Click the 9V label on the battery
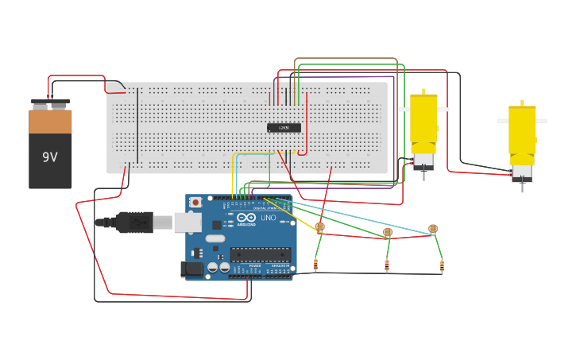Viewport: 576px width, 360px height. coord(50,157)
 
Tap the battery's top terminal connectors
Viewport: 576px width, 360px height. coord(50,103)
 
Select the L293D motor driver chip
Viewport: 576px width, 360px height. coord(284,127)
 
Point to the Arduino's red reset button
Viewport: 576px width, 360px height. coord(195,203)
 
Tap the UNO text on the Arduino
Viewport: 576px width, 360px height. coord(268,218)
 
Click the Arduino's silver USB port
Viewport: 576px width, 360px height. coord(187,223)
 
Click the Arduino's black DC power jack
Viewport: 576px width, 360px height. coord(191,269)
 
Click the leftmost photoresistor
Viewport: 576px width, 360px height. coord(319,227)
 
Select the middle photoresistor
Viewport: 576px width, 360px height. coord(388,232)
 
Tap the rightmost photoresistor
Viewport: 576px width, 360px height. coord(432,229)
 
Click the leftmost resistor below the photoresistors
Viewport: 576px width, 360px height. coord(316,265)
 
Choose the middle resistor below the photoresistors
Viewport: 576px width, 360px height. coord(387,266)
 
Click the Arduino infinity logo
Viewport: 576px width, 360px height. coord(245,218)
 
